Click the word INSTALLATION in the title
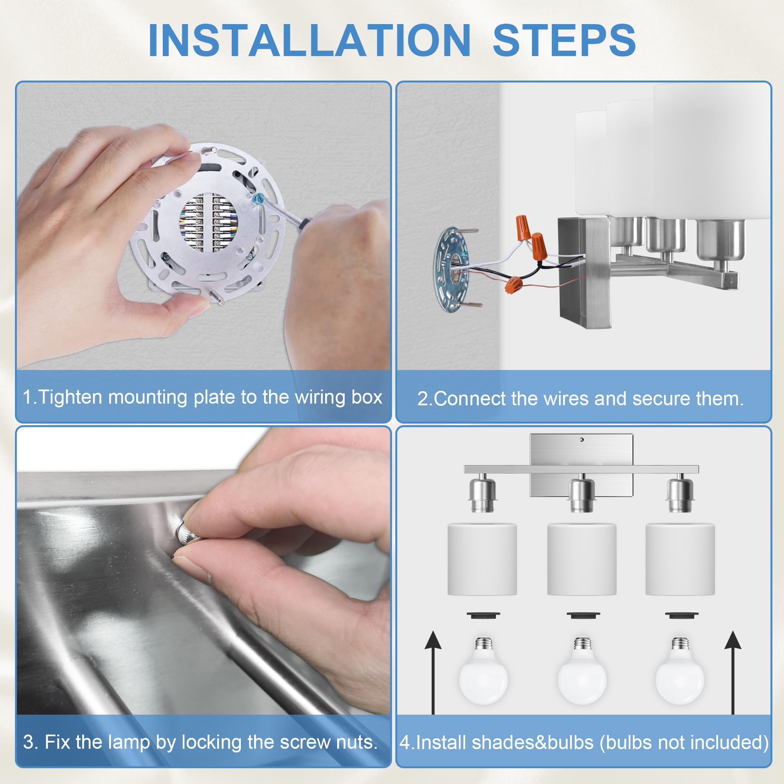[309, 40]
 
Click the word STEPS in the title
[564, 40]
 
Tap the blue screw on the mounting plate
[257, 198]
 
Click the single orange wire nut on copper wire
[514, 285]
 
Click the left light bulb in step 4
[483, 671]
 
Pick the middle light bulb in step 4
[582, 671]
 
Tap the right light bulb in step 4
[680, 671]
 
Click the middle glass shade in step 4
[582, 559]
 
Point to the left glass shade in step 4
[482, 559]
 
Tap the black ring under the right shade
[681, 615]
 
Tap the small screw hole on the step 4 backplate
[581, 439]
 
